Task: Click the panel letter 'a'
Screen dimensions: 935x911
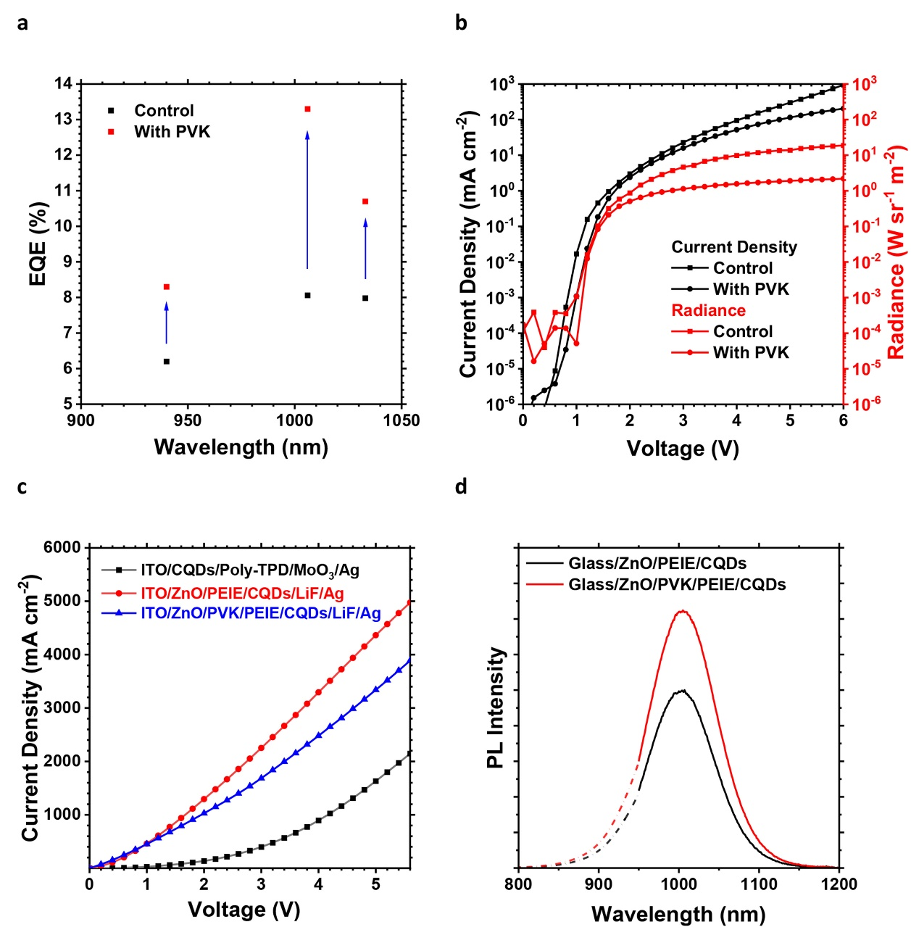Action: tap(23, 23)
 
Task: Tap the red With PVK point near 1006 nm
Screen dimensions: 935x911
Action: tap(307, 109)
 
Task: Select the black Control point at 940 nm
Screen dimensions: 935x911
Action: tap(167, 361)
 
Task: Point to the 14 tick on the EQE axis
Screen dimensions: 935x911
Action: tap(64, 83)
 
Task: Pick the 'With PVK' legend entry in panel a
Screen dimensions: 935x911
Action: tap(172, 132)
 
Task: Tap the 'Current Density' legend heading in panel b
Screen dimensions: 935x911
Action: tap(733, 247)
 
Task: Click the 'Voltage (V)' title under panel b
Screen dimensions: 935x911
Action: tap(683, 449)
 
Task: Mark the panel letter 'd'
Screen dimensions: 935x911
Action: tap(461, 486)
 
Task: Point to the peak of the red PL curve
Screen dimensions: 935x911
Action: tap(681, 611)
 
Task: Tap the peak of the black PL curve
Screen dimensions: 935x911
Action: tap(681, 690)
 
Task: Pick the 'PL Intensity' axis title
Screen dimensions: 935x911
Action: tap(496, 707)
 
